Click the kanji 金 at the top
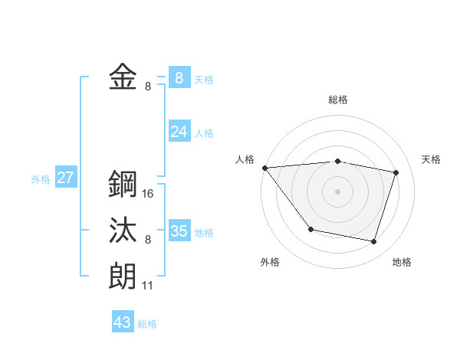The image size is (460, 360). pyautogui.click(x=123, y=77)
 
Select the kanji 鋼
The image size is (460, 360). pyautogui.click(x=123, y=184)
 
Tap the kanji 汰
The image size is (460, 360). pyautogui.click(x=123, y=231)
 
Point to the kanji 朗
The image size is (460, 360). pyautogui.click(x=123, y=277)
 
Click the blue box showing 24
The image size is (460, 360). pyautogui.click(x=179, y=132)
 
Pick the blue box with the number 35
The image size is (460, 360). pyautogui.click(x=179, y=231)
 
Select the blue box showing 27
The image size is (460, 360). pyautogui.click(x=65, y=178)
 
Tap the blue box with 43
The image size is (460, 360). pyautogui.click(x=123, y=322)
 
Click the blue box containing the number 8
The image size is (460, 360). pyautogui.click(x=179, y=77)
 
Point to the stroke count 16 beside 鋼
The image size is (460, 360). pyautogui.click(x=148, y=194)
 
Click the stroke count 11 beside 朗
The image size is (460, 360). pyautogui.click(x=147, y=286)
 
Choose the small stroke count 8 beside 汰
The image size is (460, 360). pyautogui.click(x=148, y=240)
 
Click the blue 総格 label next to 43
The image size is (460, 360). pyautogui.click(x=147, y=324)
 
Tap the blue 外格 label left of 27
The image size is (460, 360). pyautogui.click(x=41, y=179)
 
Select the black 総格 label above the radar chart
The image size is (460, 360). pyautogui.click(x=338, y=100)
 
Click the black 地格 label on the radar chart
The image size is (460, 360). pyautogui.click(x=402, y=263)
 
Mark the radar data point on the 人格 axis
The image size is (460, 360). pyautogui.click(x=264, y=168)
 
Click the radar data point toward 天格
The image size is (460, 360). pyautogui.click(x=396, y=172)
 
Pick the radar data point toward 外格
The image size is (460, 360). pyautogui.click(x=310, y=229)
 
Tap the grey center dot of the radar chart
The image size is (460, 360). pyautogui.click(x=338, y=191)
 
